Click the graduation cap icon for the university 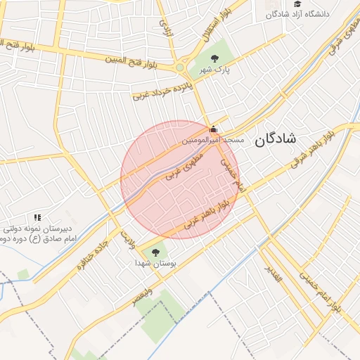tap(297, 4)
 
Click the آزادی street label tap(166, 26)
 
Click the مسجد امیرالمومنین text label tap(213, 141)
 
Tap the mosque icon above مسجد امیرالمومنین tap(214, 129)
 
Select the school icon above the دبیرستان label tap(37, 218)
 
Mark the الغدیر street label tap(273, 273)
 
